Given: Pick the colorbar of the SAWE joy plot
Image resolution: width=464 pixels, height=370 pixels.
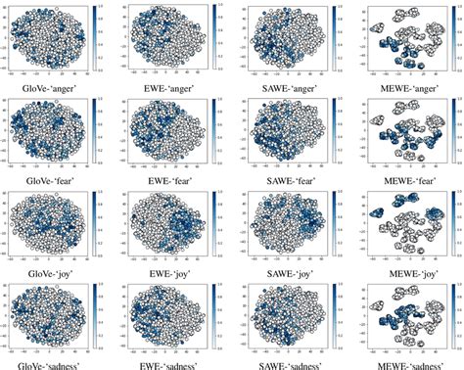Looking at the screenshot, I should point(332,220).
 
